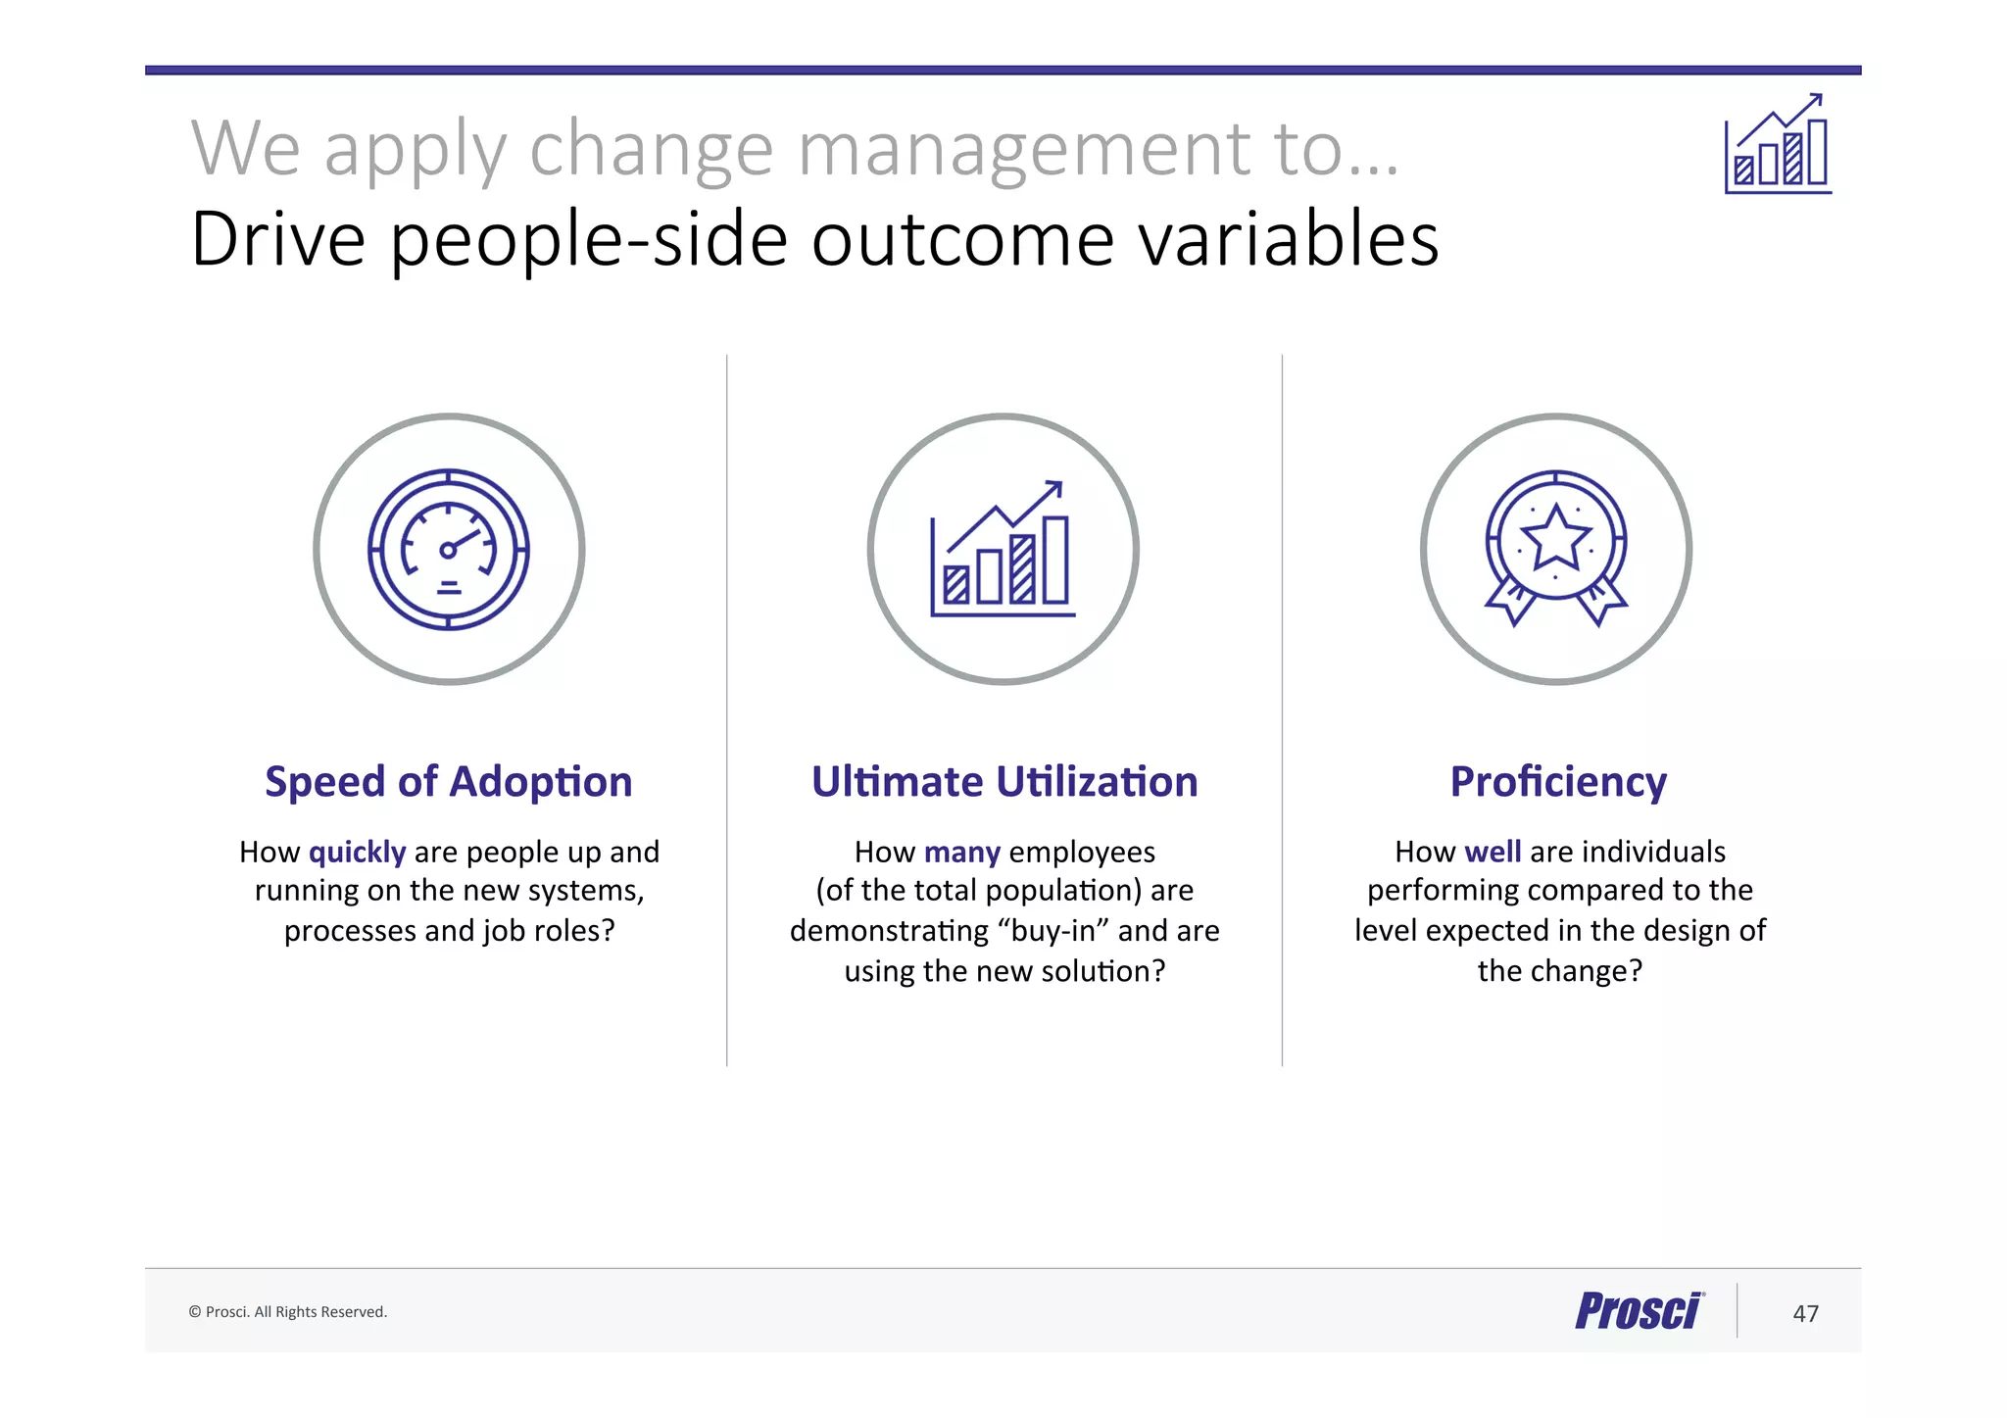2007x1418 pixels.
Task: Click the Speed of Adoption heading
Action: pos(448,782)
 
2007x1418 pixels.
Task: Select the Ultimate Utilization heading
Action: pos(1004,782)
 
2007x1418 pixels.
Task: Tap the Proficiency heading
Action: pos(1558,782)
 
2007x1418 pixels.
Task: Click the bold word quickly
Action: pos(357,853)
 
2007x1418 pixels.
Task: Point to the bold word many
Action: pos(961,853)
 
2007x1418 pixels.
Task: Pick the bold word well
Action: pos(1492,852)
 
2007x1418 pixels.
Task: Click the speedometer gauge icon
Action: pos(449,550)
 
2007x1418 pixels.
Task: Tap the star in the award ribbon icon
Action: pos(1555,538)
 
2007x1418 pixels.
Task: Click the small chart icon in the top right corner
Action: pos(1778,145)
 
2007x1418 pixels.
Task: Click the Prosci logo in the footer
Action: pos(1640,1311)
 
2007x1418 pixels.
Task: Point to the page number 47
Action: pos(1805,1313)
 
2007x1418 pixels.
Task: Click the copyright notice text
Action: pos(288,1312)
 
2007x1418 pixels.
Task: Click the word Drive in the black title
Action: pos(278,239)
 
